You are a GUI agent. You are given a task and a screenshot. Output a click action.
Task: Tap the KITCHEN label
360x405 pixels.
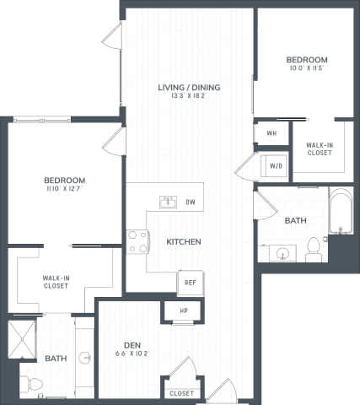(183, 242)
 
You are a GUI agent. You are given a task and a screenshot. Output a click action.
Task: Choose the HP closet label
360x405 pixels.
(184, 311)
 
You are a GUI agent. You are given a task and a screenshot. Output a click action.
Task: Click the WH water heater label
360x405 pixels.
(271, 133)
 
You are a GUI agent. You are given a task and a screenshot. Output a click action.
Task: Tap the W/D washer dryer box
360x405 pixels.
(276, 166)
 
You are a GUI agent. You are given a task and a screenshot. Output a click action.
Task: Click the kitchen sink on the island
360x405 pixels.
(168, 202)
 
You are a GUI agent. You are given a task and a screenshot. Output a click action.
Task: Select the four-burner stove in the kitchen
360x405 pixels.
(137, 242)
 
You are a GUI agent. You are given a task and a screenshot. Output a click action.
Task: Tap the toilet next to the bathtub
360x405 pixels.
(314, 247)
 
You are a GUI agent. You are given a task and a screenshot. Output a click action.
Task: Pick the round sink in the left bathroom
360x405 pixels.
(85, 358)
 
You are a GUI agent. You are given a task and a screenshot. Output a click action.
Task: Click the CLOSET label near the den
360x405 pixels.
(181, 393)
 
